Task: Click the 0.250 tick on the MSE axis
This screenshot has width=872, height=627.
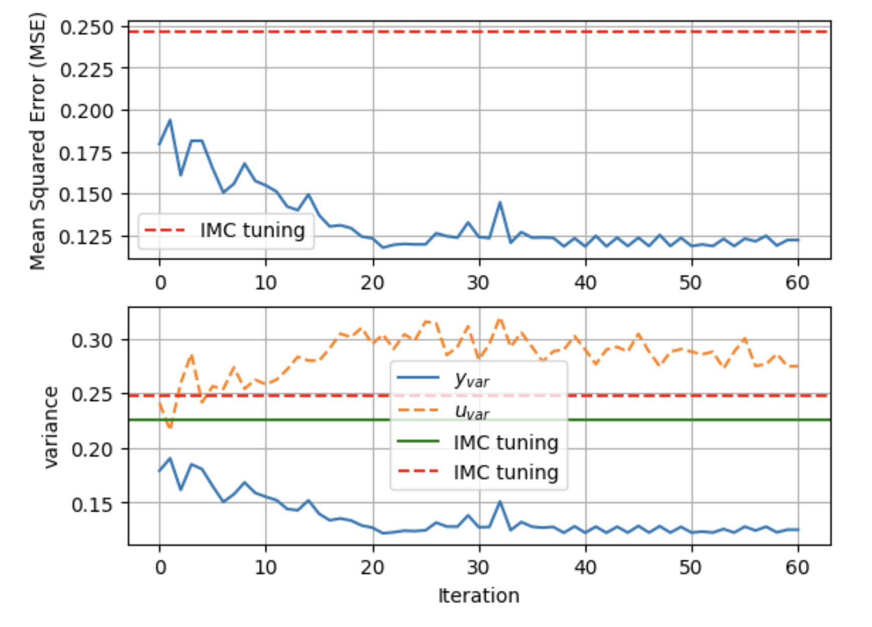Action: click(x=87, y=28)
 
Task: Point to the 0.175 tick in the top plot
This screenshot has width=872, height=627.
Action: click(x=85, y=153)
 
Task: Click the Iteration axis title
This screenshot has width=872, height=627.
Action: click(x=478, y=595)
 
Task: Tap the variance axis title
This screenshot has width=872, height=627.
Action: click(x=51, y=427)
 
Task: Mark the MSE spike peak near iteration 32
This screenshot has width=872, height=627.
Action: click(x=500, y=202)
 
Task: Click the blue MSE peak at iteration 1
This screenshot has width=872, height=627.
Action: click(x=170, y=120)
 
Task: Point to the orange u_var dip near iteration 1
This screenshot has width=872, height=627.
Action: click(x=170, y=428)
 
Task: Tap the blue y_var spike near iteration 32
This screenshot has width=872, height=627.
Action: click(x=500, y=501)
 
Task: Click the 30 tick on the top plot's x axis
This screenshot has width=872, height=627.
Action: click(x=478, y=283)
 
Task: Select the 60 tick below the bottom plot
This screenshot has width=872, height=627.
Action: click(x=797, y=567)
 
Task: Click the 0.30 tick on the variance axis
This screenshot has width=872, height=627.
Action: click(x=92, y=341)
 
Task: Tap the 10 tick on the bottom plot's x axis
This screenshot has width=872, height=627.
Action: click(x=266, y=567)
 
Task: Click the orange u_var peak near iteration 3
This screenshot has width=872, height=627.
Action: click(x=192, y=355)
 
